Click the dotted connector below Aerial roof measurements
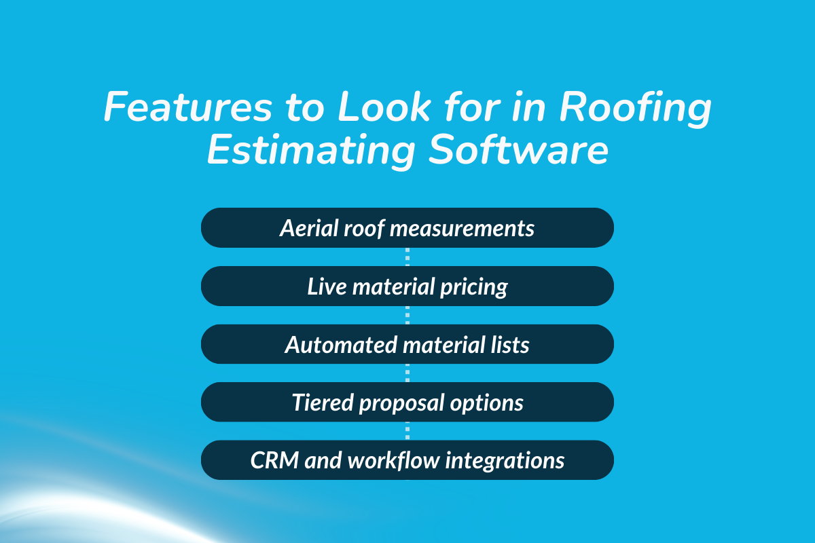click(407, 257)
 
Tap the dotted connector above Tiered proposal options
click(407, 373)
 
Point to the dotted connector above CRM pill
click(407, 431)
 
